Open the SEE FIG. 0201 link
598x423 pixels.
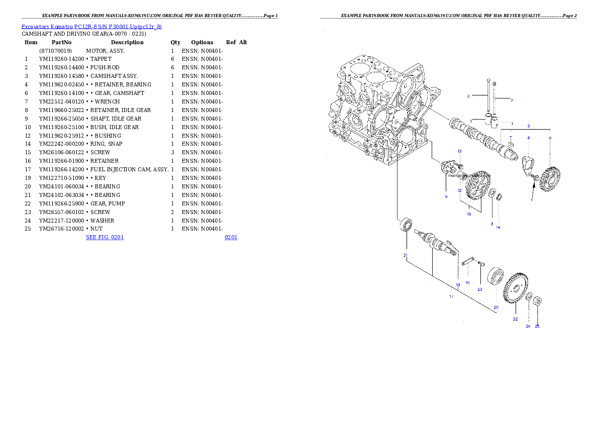coord(105,237)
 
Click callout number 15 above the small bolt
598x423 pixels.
coord(459,151)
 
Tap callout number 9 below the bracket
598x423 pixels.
coord(446,196)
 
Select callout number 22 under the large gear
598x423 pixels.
coord(515,319)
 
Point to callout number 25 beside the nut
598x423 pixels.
coord(537,326)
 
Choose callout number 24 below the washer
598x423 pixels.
coord(528,326)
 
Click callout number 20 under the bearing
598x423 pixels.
coord(495,307)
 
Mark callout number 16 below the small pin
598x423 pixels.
coord(467,282)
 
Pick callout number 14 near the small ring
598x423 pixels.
coord(498,227)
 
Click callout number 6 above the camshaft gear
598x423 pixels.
coord(550,138)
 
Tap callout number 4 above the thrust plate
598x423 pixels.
coord(528,138)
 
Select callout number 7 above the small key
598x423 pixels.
coord(511,137)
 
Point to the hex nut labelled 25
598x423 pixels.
coord(537,301)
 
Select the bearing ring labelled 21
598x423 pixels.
coord(406,224)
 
